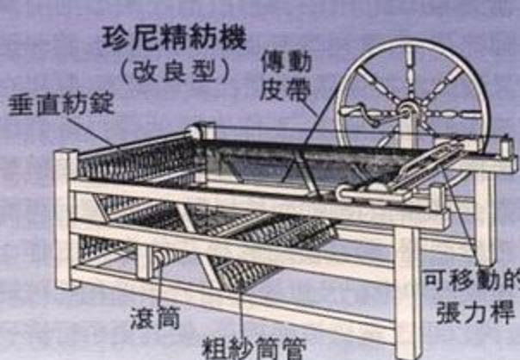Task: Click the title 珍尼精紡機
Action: [x=174, y=39]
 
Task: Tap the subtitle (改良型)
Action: [x=175, y=71]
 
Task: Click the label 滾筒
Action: [x=155, y=318]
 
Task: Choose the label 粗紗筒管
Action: [x=254, y=348]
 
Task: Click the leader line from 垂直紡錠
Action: [x=90, y=131]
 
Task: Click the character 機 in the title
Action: [x=233, y=39]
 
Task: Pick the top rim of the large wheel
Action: [x=412, y=41]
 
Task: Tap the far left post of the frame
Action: [x=65, y=219]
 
